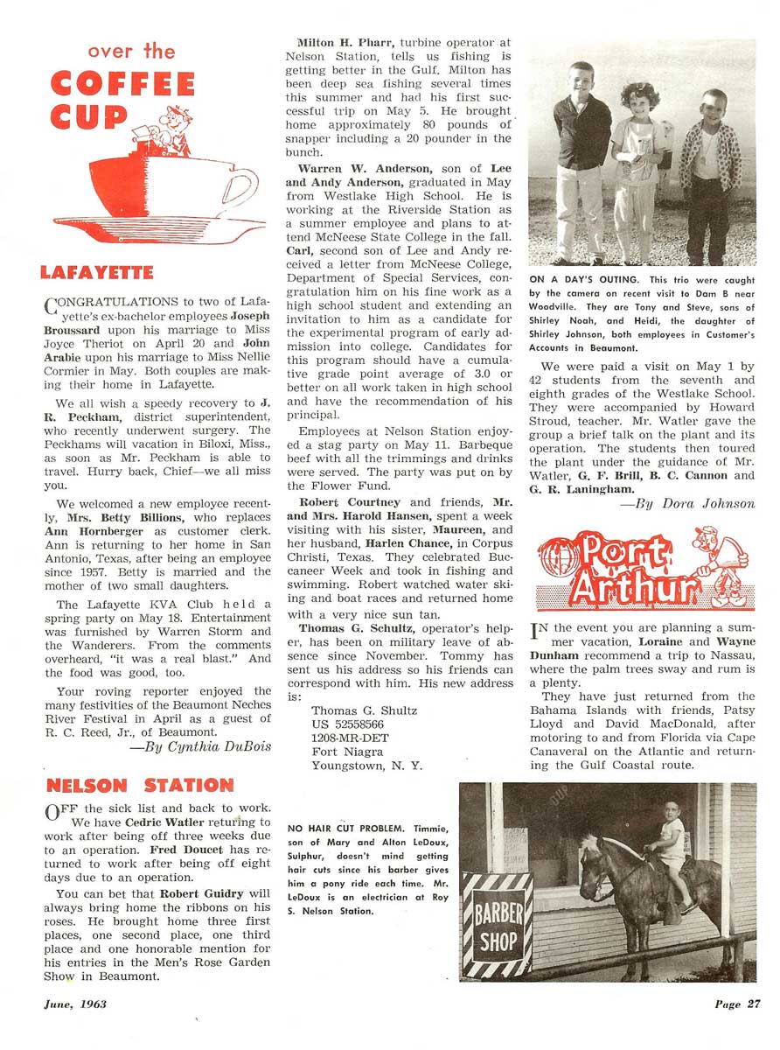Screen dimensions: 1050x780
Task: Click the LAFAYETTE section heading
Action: coord(97,273)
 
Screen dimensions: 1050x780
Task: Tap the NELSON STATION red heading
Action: coord(140,784)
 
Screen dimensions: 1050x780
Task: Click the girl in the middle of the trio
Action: coord(637,166)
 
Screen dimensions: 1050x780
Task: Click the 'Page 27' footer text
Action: coord(736,1004)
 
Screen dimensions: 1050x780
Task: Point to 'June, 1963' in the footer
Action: coord(75,1004)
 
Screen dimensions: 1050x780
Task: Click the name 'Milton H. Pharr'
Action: coord(335,42)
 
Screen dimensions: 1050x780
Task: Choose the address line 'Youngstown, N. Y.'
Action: coord(366,766)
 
